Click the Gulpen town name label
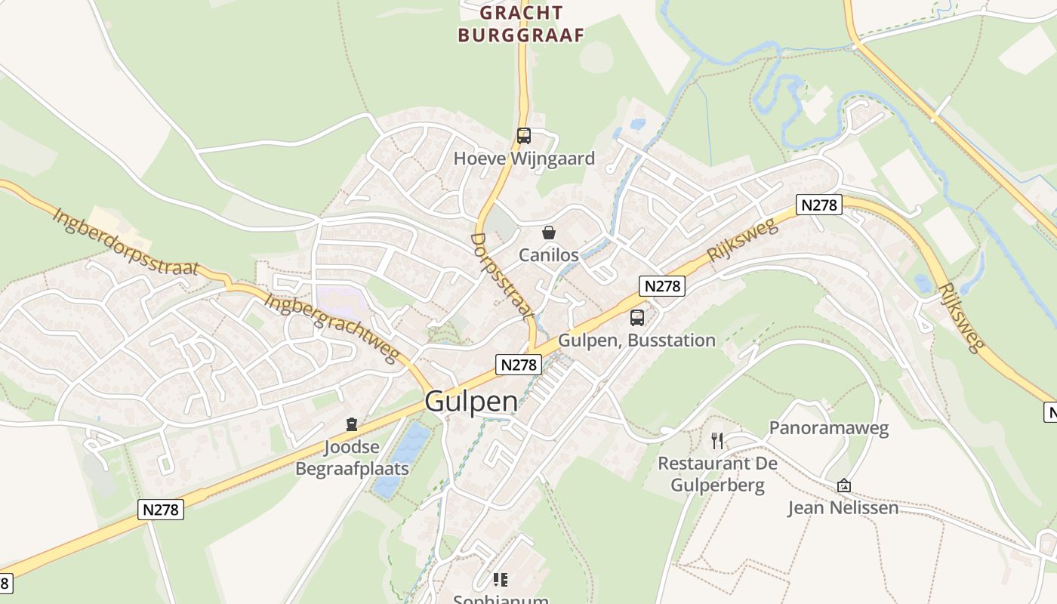(x=471, y=401)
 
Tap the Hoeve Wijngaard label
(x=524, y=159)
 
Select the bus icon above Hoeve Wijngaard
(x=523, y=136)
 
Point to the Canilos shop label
(x=549, y=255)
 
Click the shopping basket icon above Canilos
(x=549, y=233)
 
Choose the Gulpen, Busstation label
(x=636, y=341)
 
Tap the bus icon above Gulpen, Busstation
(x=637, y=318)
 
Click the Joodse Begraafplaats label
(x=352, y=458)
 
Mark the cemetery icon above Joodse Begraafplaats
(x=351, y=424)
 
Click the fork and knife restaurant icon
(x=717, y=440)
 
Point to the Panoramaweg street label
(x=828, y=428)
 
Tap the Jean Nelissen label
(x=843, y=508)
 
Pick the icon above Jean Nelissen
(x=843, y=485)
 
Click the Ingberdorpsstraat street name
(x=125, y=242)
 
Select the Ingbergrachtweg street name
(x=331, y=328)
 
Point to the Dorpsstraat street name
(x=502, y=276)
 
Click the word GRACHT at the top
(x=521, y=13)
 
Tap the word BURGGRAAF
(x=521, y=35)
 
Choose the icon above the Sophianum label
(x=500, y=579)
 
